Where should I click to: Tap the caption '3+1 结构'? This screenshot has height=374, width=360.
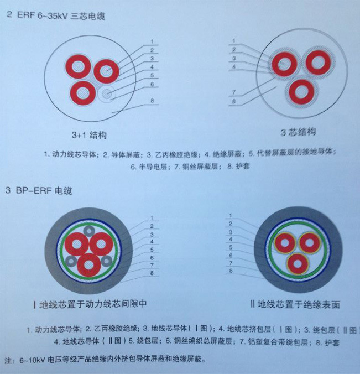click(x=88, y=134)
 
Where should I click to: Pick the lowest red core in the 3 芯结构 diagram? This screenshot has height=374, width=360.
click(x=301, y=90)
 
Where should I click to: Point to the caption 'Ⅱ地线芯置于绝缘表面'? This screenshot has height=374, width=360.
click(x=295, y=304)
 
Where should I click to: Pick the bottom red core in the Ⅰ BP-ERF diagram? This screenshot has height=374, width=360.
click(x=88, y=264)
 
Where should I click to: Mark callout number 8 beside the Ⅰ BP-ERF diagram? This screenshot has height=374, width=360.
click(x=152, y=272)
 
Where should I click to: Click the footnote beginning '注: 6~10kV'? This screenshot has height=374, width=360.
click(x=105, y=360)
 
